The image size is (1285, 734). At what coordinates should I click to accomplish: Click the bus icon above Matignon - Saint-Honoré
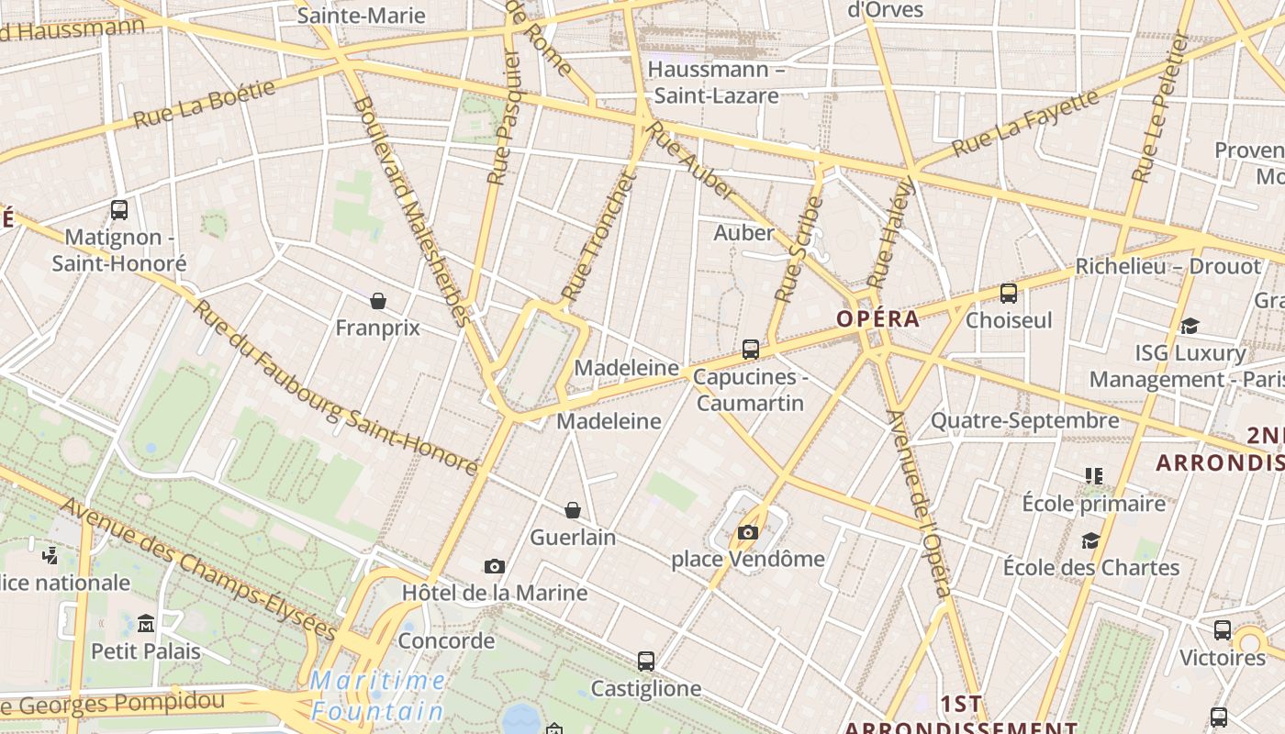(119, 209)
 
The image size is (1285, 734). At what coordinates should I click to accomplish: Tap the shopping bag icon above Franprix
(377, 300)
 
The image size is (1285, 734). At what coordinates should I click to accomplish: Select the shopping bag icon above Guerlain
(573, 509)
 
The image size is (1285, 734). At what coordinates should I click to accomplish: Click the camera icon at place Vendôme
(748, 532)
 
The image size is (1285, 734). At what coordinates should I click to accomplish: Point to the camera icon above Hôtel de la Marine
(495, 566)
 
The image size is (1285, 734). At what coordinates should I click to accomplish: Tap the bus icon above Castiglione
(646, 661)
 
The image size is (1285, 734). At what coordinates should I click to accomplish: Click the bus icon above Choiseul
(1009, 294)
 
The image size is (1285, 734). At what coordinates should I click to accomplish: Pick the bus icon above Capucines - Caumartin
(751, 349)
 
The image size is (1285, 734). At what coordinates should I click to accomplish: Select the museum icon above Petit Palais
(146, 624)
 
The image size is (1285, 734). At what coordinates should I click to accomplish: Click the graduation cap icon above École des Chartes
(1090, 540)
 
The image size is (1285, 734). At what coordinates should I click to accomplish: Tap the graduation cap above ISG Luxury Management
(1190, 326)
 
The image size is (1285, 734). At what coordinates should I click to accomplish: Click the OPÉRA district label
(877, 319)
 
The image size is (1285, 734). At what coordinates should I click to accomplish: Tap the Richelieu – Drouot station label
(1168, 266)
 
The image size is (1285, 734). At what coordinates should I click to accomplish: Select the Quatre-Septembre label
(1025, 420)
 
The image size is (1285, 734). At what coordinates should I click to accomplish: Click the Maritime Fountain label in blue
(377, 695)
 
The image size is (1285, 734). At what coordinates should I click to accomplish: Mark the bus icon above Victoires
(1223, 630)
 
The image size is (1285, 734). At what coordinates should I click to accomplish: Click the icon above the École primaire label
(1093, 475)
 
